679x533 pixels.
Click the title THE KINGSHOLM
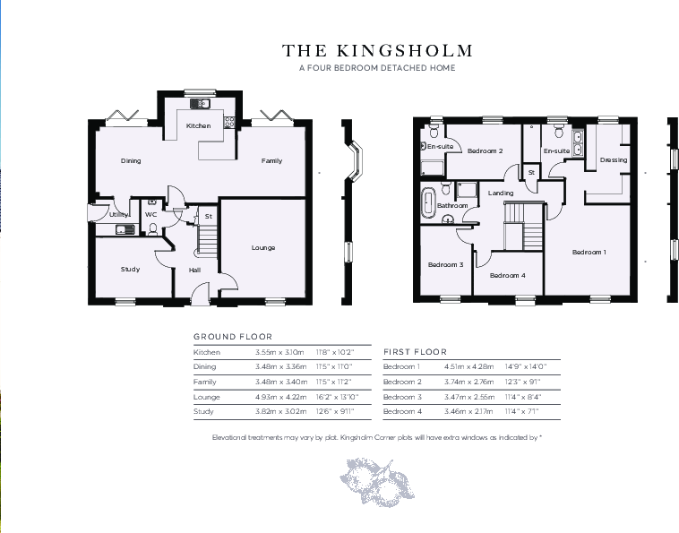[x=377, y=51]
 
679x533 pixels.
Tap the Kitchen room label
[x=198, y=126]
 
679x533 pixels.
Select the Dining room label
[x=131, y=161]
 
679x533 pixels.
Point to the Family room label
[x=271, y=161]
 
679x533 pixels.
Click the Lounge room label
[x=263, y=247]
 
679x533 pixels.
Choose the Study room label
[x=131, y=269]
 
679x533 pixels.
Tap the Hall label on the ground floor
[x=194, y=270]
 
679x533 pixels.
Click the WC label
[x=150, y=215]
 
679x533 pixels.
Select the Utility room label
[x=118, y=215]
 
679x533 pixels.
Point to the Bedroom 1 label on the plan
[x=589, y=253]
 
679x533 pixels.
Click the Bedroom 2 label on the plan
[x=485, y=151]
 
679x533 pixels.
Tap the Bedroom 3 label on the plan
[x=445, y=265]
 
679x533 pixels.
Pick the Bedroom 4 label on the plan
[x=508, y=276]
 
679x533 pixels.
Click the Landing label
[x=501, y=193]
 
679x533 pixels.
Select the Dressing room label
[x=614, y=160]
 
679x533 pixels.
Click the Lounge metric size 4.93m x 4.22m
[x=279, y=396]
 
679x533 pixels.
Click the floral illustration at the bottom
[x=377, y=475]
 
